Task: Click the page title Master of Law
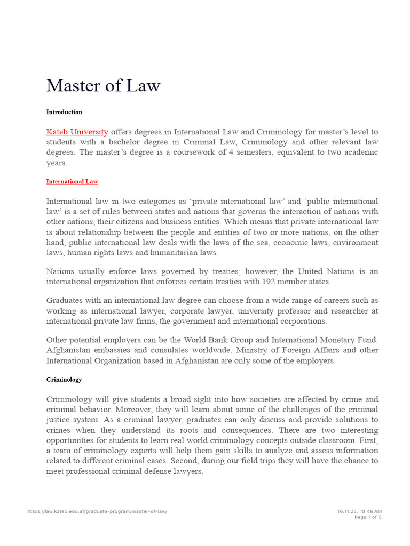[103, 85]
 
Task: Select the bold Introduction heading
[64, 112]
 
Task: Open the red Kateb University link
[77, 132]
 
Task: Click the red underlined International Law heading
[72, 181]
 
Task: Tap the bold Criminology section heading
[64, 380]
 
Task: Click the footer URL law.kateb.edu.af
[97, 511]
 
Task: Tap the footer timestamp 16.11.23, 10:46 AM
[359, 511]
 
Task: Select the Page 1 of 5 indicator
[368, 517]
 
